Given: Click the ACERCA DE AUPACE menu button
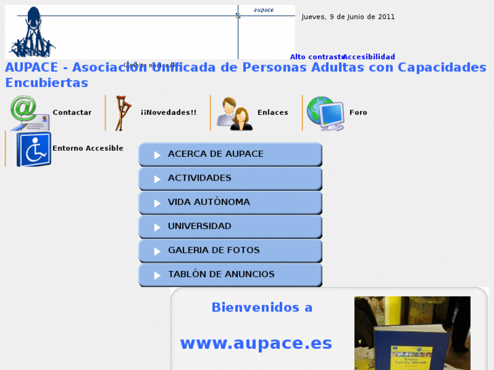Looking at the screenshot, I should coord(230,154).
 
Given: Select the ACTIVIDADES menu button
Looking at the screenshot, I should coord(230,179).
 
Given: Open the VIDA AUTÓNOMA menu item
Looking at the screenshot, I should coord(230,202).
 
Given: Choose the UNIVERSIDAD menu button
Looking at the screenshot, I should coord(230,227).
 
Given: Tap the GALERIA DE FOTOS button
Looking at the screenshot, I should coord(230,251).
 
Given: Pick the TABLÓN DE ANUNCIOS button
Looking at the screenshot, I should coord(230,275).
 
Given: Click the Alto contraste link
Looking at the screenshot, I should coord(316,57).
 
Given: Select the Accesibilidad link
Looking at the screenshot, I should coord(369,57).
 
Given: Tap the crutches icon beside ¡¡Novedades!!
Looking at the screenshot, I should coord(123,113).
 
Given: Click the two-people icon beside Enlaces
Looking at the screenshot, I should coord(234,113).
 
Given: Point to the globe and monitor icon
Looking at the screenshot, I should coord(325,113).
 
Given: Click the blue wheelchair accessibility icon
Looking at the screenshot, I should coord(33,149).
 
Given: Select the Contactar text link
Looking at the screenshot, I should coord(72,113).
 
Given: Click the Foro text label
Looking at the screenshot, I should coord(358,113).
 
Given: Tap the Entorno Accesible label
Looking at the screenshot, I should coord(88,148).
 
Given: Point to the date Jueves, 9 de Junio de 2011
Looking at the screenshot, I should coord(348,17).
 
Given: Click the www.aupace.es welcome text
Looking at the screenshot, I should coord(255,344).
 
